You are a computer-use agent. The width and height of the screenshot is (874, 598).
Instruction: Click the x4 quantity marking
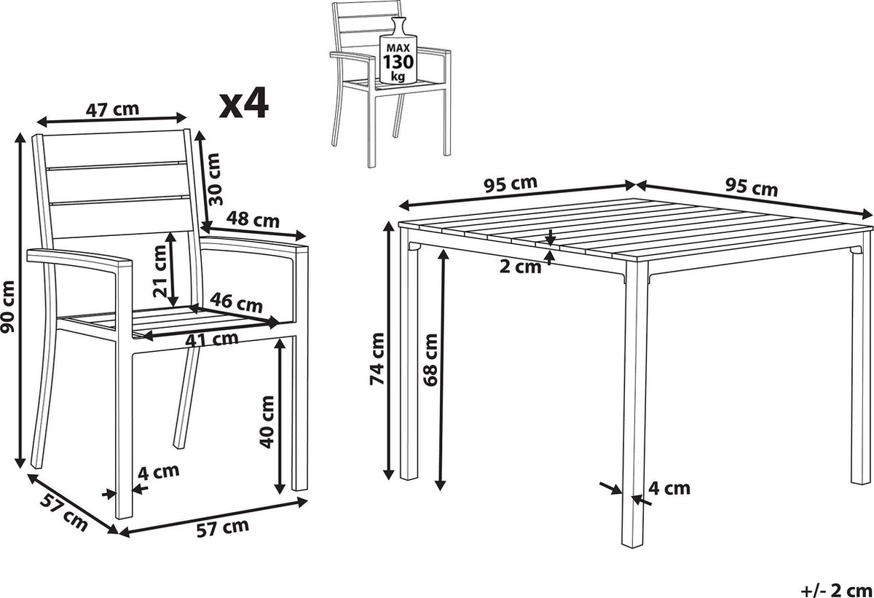pyautogui.click(x=244, y=103)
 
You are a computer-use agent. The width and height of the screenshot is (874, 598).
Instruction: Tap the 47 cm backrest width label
pyautogui.click(x=112, y=109)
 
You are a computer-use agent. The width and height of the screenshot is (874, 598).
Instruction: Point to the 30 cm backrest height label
pyautogui.click(x=215, y=179)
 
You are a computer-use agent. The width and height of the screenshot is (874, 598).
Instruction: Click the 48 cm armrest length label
pyautogui.click(x=253, y=219)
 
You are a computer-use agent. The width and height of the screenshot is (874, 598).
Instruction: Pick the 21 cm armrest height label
pyautogui.click(x=160, y=271)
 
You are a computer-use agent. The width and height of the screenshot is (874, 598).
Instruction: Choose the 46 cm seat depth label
pyautogui.click(x=236, y=303)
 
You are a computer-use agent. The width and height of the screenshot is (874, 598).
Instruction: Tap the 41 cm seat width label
pyautogui.click(x=211, y=339)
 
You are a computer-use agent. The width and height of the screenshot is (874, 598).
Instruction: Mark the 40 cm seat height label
pyautogui.click(x=267, y=422)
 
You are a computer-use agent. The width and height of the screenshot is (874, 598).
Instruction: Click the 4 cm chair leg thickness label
pyautogui.click(x=159, y=472)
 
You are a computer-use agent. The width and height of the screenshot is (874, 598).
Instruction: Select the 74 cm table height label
pyautogui.click(x=377, y=359)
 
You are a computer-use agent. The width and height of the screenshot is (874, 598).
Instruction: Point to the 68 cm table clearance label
pyautogui.click(x=430, y=360)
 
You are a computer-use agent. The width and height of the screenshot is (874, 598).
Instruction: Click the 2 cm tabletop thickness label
pyautogui.click(x=521, y=267)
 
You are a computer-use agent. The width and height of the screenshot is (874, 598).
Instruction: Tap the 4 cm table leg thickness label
pyautogui.click(x=669, y=488)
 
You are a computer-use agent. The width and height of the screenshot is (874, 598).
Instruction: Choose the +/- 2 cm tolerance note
pyautogui.click(x=837, y=590)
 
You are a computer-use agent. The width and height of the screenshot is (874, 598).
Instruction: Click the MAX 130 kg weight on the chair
pyautogui.click(x=398, y=62)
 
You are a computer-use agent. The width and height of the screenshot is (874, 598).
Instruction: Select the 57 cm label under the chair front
pyautogui.click(x=222, y=528)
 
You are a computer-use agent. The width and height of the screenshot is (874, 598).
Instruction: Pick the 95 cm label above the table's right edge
pyautogui.click(x=752, y=187)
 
